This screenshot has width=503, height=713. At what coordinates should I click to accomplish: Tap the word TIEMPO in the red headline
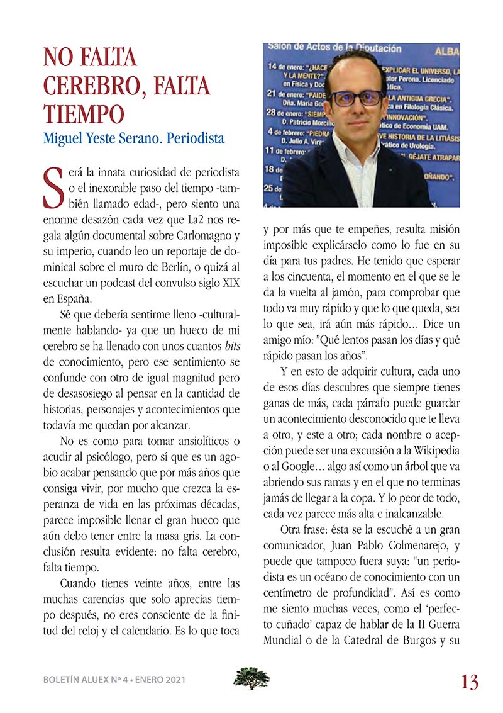[x=82, y=115]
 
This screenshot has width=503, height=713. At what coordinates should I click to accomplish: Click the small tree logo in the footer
[x=251, y=678]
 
